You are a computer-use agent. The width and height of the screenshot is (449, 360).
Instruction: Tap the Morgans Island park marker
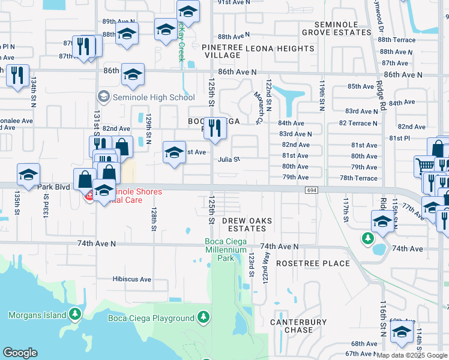click(x=74, y=314)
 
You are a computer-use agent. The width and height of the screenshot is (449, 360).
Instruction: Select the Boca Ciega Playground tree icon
click(x=203, y=316)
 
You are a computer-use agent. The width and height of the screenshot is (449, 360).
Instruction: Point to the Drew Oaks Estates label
click(x=247, y=224)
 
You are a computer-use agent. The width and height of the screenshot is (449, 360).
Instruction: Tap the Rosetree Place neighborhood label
click(x=313, y=263)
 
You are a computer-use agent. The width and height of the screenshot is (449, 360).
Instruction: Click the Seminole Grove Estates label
click(x=330, y=28)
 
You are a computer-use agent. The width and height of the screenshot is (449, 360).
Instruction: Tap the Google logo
click(x=20, y=353)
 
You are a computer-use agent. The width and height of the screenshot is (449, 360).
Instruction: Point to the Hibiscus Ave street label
click(x=131, y=279)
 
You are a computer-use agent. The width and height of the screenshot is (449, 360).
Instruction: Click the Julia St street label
click(x=229, y=160)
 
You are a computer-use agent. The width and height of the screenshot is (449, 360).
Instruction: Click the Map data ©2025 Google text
click(x=412, y=355)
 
